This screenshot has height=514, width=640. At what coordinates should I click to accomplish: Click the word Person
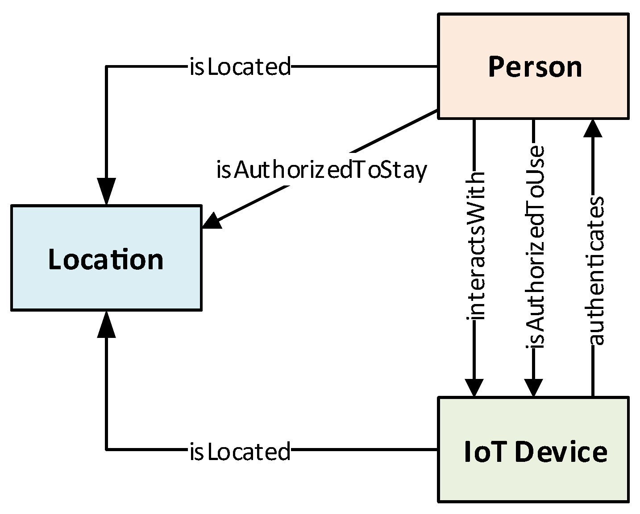coord(535,67)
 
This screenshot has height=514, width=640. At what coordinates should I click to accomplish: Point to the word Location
coord(106,259)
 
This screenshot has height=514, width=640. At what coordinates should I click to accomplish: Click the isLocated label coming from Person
coord(240,67)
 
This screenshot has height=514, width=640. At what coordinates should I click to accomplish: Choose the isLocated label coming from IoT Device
coord(240,451)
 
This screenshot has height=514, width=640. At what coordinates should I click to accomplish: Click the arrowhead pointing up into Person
coord(593,128)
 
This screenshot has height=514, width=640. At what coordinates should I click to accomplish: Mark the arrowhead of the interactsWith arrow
coord(474,387)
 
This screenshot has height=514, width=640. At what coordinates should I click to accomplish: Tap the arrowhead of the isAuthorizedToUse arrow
coord(533,387)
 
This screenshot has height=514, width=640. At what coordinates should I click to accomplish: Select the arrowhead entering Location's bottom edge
coord(106,324)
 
